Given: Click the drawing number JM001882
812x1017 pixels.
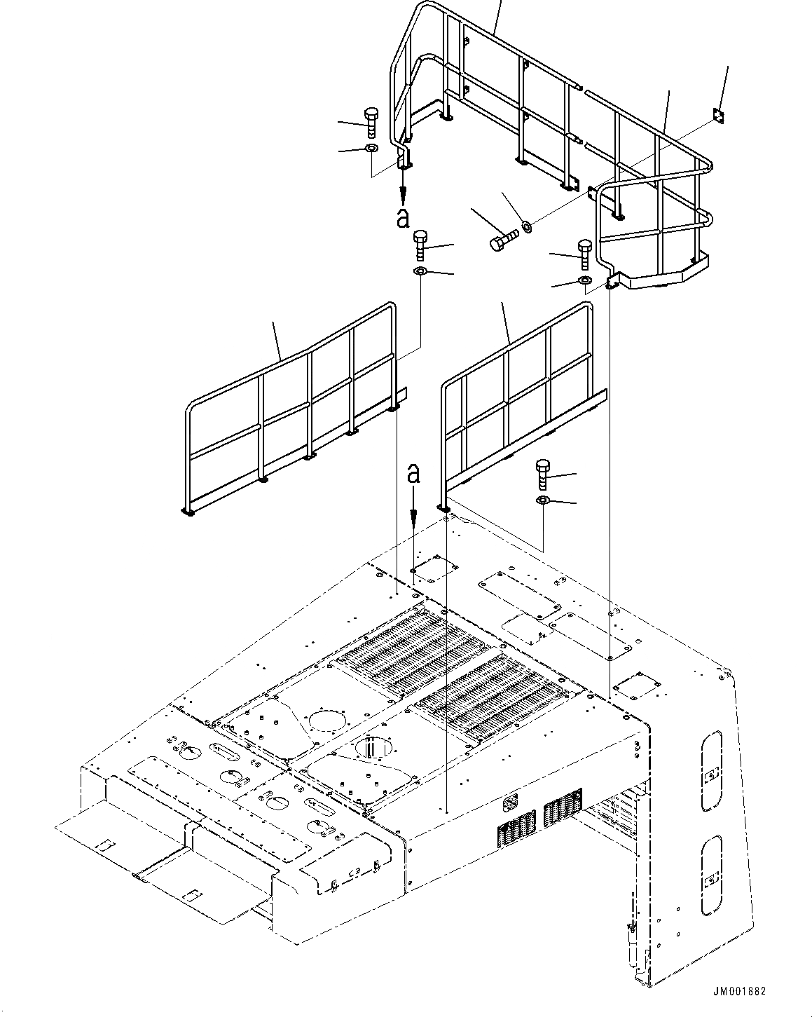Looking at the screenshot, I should [x=740, y=992].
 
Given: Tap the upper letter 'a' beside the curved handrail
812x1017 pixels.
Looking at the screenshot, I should [x=402, y=218].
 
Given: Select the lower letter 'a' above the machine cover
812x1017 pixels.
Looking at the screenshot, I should [x=414, y=475].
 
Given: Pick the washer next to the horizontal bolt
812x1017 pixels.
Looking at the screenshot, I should [x=526, y=226].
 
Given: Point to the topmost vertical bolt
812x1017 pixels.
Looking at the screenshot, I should [x=371, y=123].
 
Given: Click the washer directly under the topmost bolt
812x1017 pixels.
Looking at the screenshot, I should [x=371, y=148].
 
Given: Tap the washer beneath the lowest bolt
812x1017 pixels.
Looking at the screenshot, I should [x=543, y=500].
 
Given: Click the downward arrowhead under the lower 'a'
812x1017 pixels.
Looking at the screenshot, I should [x=414, y=521].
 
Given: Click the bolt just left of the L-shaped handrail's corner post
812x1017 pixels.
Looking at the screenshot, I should [x=584, y=253].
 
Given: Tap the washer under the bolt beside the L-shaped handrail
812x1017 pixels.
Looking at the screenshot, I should [x=584, y=280].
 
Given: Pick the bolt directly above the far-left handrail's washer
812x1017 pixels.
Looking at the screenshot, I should [x=420, y=245].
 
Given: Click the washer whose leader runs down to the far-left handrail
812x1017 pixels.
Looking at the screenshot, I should [x=420, y=271].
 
